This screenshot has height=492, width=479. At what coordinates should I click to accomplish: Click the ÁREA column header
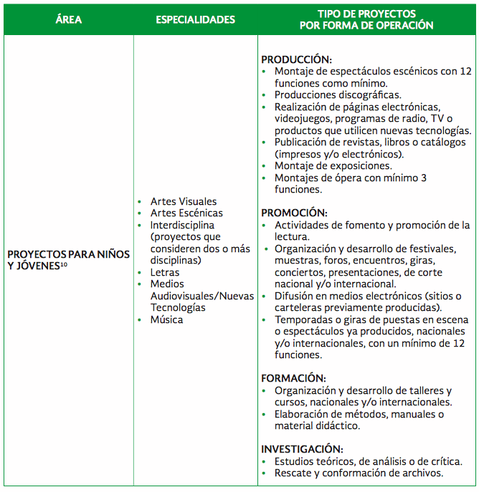pos(68,19)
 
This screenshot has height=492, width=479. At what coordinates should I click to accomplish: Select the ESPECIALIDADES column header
pos(195,19)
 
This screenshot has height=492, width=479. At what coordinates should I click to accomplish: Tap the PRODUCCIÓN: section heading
pos(296,59)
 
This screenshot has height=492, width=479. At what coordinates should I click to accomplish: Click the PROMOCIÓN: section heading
pos(294,213)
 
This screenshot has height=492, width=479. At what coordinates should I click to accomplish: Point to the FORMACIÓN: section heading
pos(293,378)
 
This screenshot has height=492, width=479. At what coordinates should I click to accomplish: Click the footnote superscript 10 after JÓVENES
pos(64,265)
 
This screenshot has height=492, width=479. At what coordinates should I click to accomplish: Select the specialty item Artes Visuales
pos(184,201)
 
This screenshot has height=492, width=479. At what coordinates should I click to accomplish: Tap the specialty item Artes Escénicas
pos(186,213)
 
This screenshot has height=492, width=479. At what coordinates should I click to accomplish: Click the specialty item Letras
pos(165,272)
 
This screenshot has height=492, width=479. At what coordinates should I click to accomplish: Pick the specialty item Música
pos(166,319)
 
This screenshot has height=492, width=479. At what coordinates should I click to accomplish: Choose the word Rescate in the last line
pos(295,473)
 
